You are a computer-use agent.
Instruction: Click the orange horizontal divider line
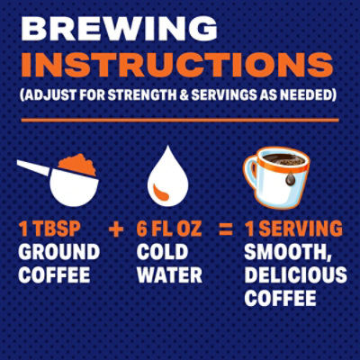click(x=179, y=119)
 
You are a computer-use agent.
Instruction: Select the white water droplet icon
click(x=167, y=176)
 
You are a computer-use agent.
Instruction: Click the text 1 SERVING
click(x=292, y=229)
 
